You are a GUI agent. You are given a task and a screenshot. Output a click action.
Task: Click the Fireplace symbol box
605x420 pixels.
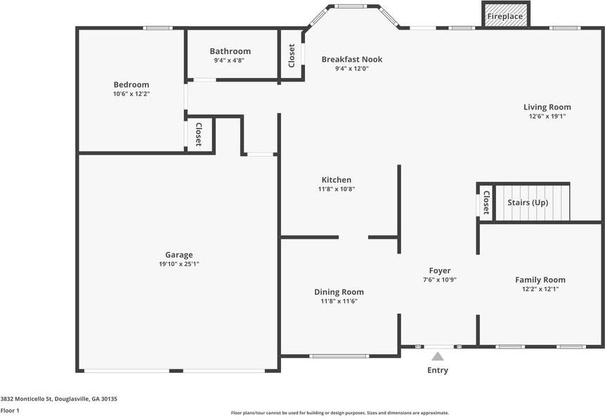(x=505, y=15)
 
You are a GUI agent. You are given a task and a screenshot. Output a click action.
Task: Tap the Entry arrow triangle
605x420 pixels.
(x=438, y=356)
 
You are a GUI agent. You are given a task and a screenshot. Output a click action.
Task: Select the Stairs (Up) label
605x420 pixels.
(x=527, y=202)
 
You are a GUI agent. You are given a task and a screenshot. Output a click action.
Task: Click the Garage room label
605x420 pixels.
(x=178, y=255)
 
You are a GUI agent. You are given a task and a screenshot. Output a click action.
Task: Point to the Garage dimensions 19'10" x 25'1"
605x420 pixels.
(x=178, y=264)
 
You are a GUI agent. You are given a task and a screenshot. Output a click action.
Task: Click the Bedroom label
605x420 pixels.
(x=131, y=84)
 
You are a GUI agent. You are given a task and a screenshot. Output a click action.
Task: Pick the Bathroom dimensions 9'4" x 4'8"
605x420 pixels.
(x=230, y=60)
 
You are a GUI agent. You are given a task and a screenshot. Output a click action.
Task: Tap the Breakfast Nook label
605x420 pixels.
(x=351, y=59)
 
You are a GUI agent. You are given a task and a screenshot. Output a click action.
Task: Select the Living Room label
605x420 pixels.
(x=547, y=107)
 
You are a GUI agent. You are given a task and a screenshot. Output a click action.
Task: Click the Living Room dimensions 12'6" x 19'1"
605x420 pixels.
(x=547, y=117)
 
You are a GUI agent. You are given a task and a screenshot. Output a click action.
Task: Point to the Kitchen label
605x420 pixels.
(x=336, y=180)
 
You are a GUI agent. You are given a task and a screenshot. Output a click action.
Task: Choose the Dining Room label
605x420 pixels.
(x=339, y=291)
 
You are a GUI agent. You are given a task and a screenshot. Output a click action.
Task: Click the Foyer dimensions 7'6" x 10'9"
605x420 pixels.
(x=440, y=280)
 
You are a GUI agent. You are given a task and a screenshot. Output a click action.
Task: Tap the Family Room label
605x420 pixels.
(x=540, y=280)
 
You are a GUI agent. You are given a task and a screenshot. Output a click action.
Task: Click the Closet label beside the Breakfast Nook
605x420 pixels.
(x=292, y=55)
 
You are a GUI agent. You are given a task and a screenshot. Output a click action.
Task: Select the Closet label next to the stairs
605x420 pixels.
(x=486, y=202)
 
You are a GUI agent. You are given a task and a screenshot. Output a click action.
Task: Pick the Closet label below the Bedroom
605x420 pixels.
(x=199, y=134)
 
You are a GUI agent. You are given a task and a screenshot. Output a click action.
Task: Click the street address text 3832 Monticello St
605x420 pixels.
(x=58, y=398)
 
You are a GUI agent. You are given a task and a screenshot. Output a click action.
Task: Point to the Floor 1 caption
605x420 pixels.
(x=10, y=410)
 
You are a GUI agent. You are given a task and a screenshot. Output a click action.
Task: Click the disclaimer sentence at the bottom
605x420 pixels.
(x=339, y=413)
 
